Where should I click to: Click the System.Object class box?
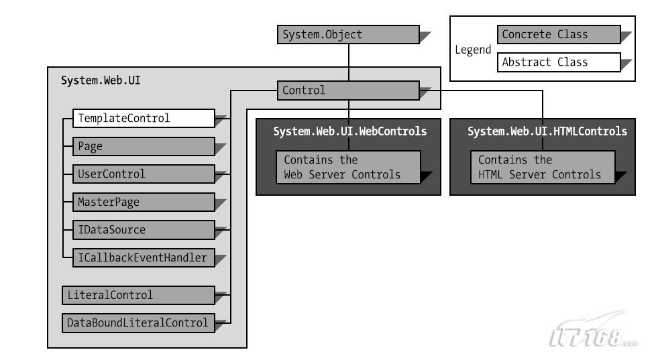pos(348,35)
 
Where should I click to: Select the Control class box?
pos(348,91)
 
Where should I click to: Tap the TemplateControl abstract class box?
pos(144,119)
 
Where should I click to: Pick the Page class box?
pos(144,146)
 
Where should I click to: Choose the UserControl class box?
pos(144,174)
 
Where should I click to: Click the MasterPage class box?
pos(144,202)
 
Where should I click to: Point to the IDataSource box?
pos(144,230)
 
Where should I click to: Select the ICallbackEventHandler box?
pos(144,258)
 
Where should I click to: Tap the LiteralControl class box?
pos(138,296)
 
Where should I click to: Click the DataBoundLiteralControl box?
pos(138,323)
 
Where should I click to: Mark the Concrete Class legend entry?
pos(559,35)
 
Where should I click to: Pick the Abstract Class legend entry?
pos(559,62)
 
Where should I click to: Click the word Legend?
pos(473,50)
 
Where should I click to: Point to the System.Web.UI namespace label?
pos(101,80)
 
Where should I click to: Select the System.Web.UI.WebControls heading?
pos(350,131)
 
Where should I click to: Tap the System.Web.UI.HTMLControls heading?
pos(547,131)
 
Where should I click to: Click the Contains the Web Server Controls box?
pos(348,167)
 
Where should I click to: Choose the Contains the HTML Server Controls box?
pos(543,167)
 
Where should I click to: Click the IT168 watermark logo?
pos(593,331)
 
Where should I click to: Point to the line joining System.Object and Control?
pos(349,62)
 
